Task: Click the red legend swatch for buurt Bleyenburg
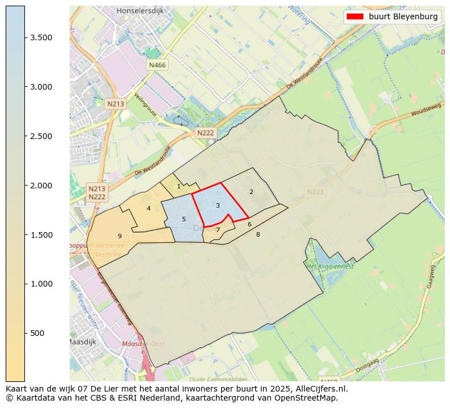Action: point(355,16)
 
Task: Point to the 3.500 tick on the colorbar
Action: point(25,37)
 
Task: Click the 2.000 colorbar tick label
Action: point(41,186)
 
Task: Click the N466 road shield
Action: point(157,65)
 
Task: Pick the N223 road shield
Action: point(315,192)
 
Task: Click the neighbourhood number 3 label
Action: point(218,205)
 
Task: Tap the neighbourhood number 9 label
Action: point(120,236)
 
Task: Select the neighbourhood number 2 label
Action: point(251,192)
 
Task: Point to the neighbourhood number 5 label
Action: point(184,219)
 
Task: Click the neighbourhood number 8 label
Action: point(258,234)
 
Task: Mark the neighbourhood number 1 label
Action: point(179,186)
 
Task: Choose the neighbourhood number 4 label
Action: point(148,208)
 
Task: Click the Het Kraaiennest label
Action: point(330,266)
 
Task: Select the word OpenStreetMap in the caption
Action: point(311,398)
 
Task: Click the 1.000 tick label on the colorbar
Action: point(41,284)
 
